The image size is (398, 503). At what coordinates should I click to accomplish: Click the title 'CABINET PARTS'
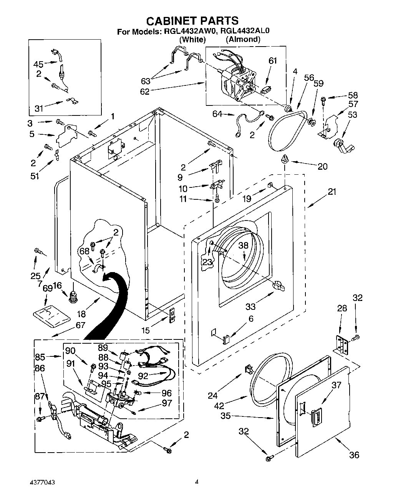(193, 20)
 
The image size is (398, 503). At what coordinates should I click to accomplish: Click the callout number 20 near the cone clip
(323, 166)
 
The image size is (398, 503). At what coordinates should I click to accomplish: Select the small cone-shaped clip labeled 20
(285, 159)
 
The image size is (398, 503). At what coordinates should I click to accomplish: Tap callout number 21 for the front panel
(332, 192)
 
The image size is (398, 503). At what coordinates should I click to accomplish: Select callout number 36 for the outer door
(354, 455)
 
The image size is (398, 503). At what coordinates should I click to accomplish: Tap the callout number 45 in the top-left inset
(38, 64)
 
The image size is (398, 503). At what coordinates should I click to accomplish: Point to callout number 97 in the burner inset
(167, 404)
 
